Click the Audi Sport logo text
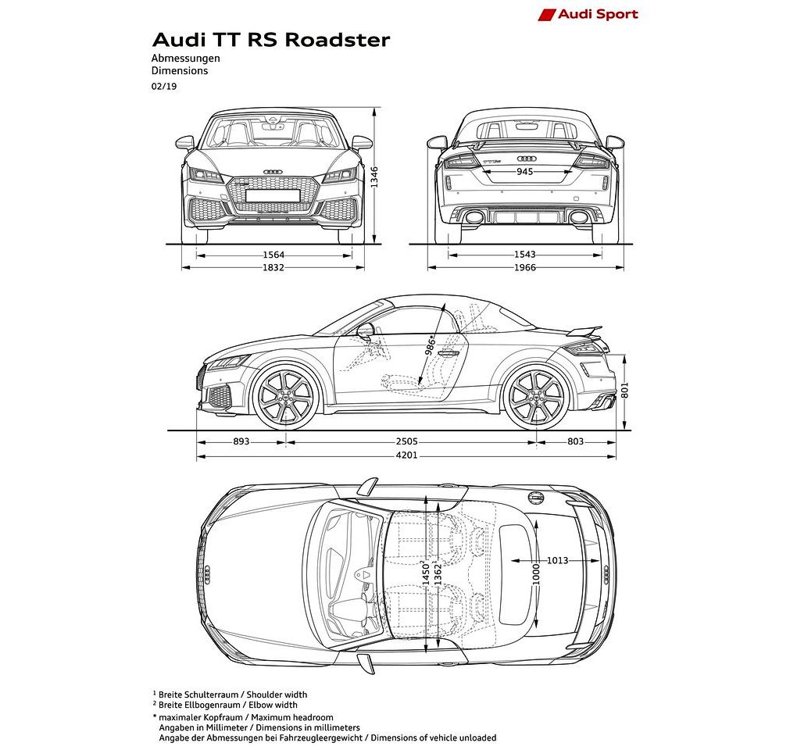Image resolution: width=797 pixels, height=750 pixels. (598, 14)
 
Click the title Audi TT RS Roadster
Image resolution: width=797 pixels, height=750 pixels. (271, 40)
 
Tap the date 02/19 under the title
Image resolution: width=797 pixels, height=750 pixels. (163, 87)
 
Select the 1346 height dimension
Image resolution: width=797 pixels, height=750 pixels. (374, 177)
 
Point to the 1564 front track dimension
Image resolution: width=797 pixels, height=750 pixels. (273, 255)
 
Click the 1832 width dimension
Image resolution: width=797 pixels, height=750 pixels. (273, 267)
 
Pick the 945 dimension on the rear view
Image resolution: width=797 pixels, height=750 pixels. (524, 172)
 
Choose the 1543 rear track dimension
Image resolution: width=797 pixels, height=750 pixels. (524, 255)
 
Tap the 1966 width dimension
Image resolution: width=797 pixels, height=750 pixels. (524, 267)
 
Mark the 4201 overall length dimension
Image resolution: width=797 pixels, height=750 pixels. (406, 455)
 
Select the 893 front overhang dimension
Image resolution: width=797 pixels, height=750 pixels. (241, 441)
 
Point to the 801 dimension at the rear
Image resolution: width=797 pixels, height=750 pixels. (624, 390)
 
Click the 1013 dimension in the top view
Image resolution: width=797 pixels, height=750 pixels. (557, 560)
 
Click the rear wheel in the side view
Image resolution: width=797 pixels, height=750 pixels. (536, 396)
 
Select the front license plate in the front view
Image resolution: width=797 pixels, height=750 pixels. (273, 195)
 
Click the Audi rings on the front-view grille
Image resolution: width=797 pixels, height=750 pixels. (273, 172)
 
